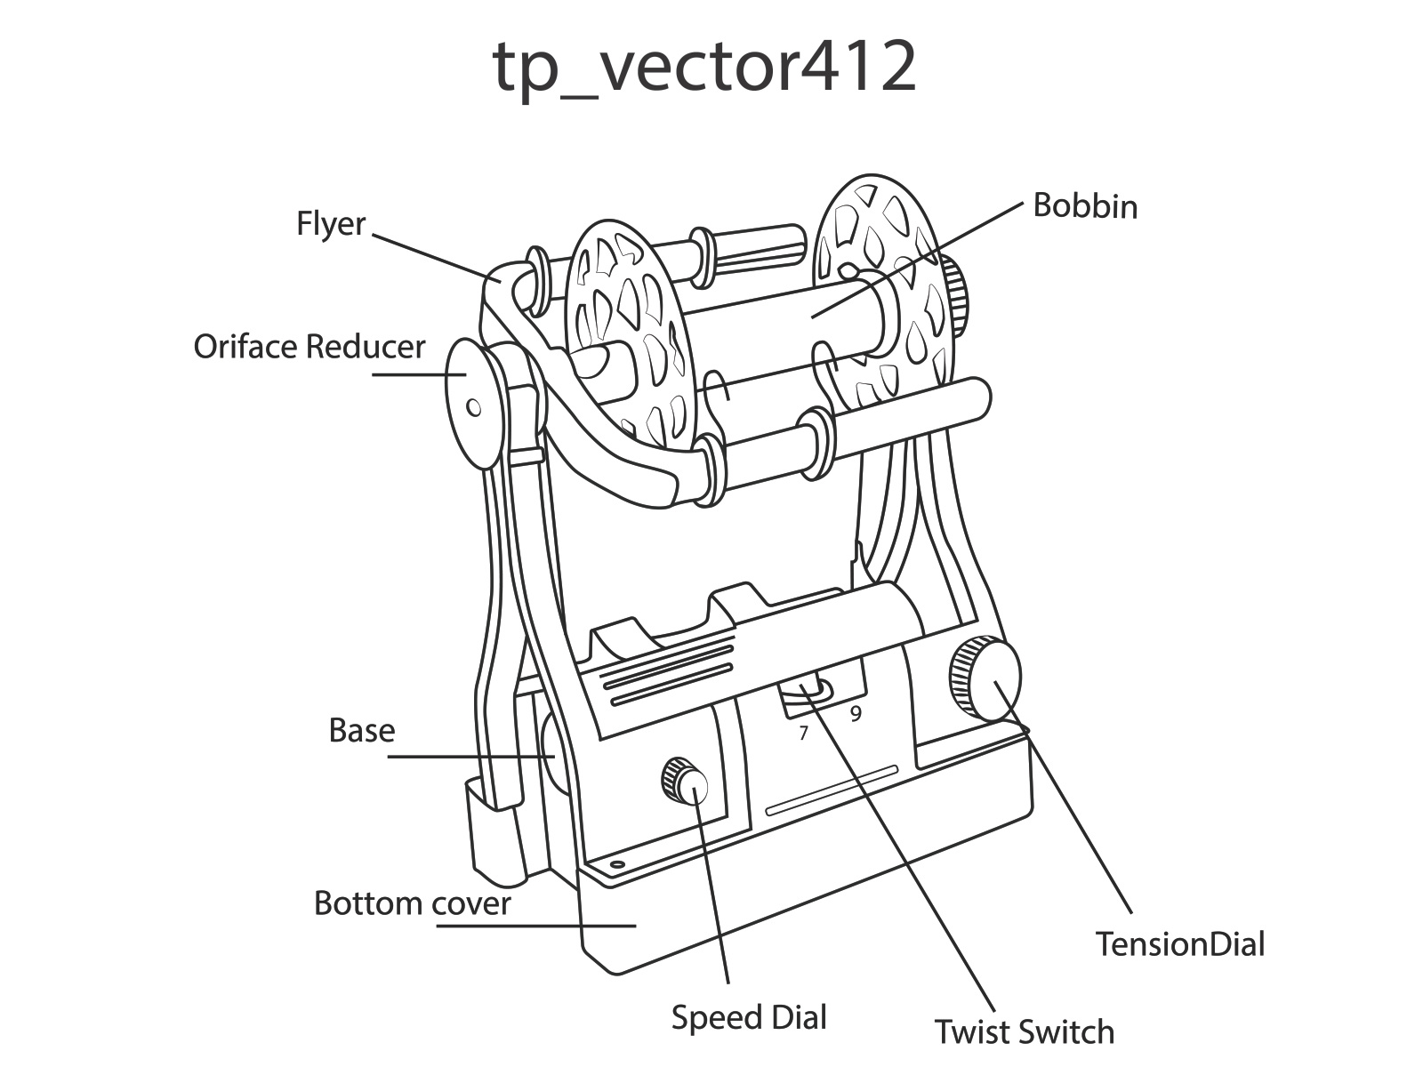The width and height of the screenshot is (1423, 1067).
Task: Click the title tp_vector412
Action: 703,67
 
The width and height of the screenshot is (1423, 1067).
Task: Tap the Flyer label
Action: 331,224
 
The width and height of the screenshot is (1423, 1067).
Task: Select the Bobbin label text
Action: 1084,206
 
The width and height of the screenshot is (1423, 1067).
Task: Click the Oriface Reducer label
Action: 310,346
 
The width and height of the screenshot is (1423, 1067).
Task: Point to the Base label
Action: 361,730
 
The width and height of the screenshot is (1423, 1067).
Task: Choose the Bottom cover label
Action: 412,903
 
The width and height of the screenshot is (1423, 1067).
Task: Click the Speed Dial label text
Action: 749,1017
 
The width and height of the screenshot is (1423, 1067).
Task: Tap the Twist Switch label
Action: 1024,1031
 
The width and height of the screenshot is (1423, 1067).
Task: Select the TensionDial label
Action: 1179,943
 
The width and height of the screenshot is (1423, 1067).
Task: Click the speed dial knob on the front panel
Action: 685,782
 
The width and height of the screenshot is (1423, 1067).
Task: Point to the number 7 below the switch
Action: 804,734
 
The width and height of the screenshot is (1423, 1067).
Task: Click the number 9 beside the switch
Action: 856,713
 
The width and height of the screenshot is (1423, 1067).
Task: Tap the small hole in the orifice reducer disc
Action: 474,408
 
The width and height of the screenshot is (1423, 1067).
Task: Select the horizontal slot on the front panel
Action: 832,789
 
